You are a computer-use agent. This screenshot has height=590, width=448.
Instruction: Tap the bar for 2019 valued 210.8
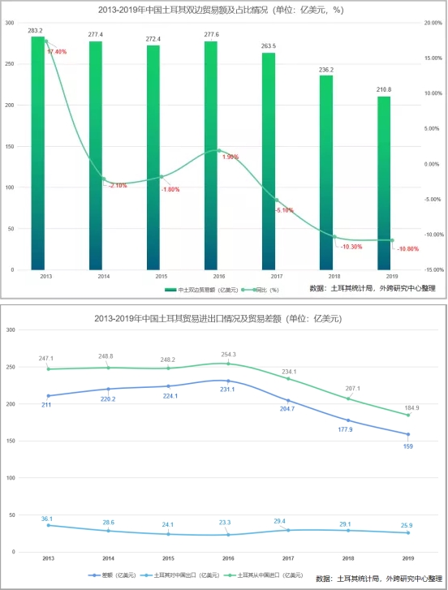click(384, 183)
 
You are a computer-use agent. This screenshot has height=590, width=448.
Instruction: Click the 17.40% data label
click(57, 52)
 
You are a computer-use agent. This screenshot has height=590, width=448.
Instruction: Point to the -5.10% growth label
click(284, 210)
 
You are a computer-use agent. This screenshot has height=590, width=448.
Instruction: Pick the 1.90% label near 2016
click(230, 157)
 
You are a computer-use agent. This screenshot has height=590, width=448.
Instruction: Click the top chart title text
click(223, 9)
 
